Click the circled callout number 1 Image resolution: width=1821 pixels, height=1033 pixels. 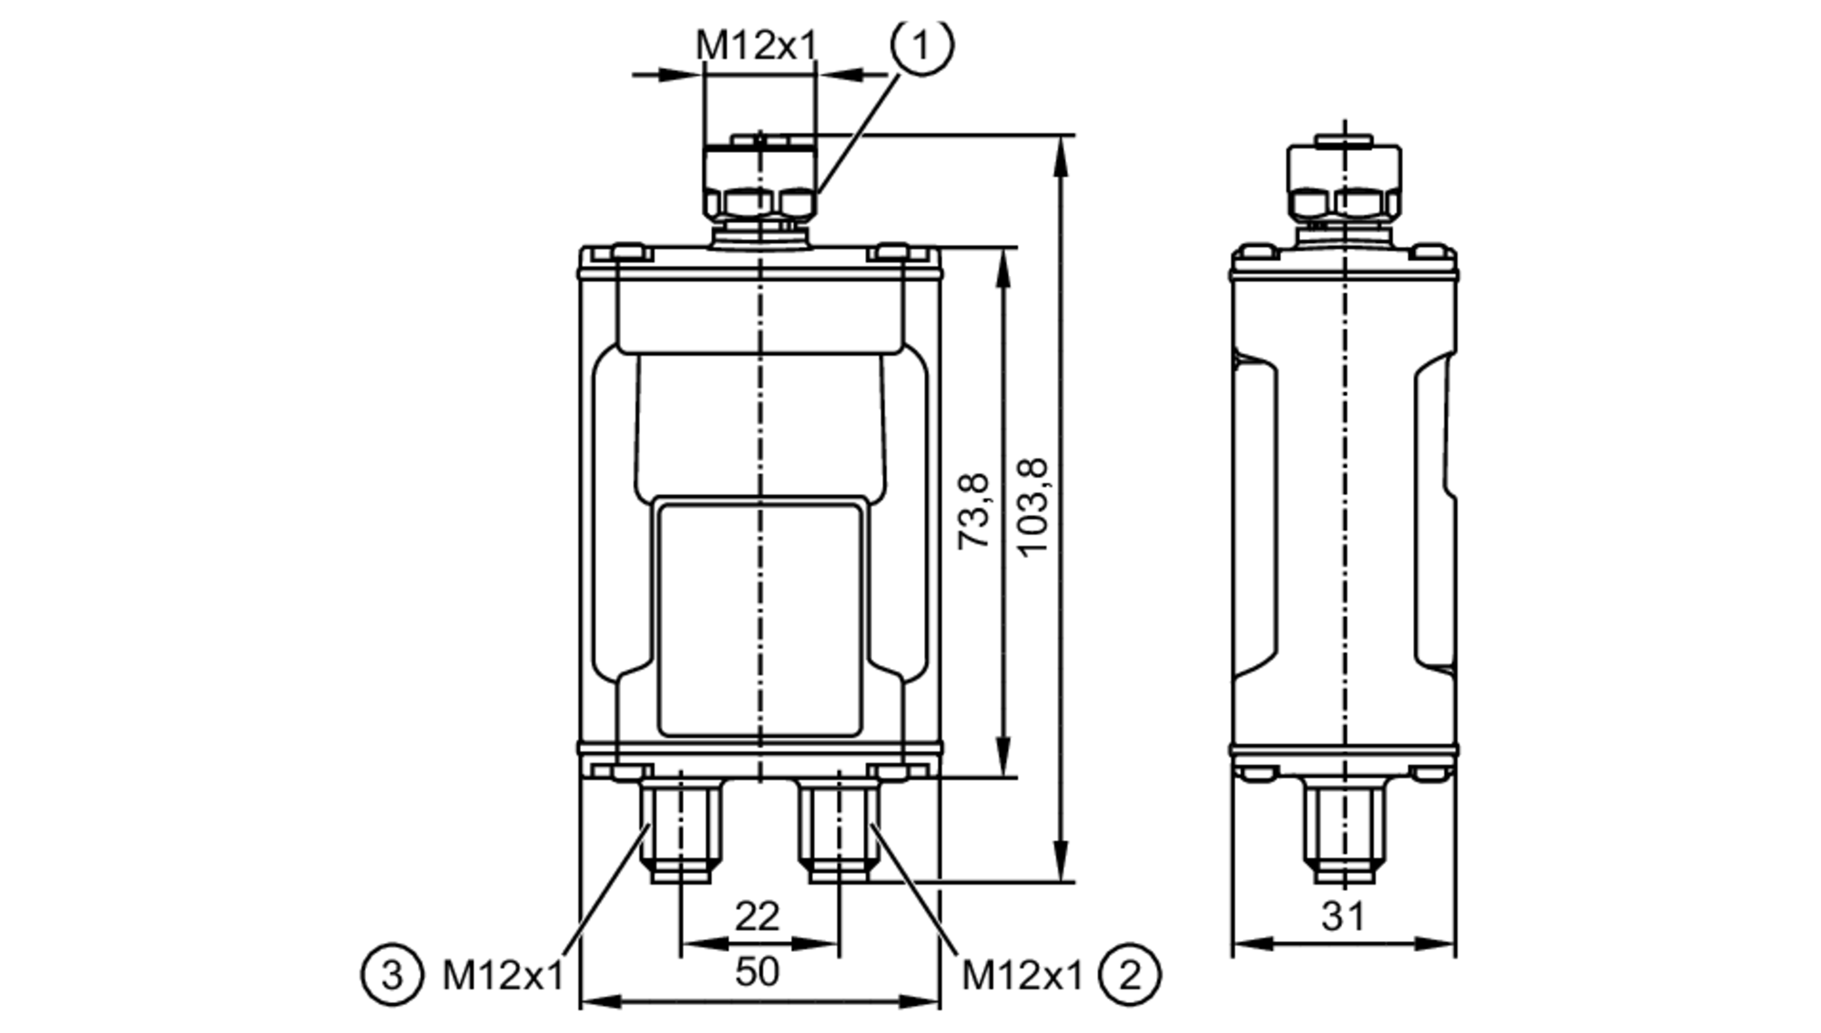[921, 46]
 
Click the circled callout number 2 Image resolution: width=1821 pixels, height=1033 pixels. [1130, 976]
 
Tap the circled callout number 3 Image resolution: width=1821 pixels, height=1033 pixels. [392, 976]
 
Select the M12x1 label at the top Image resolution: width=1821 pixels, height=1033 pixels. [757, 46]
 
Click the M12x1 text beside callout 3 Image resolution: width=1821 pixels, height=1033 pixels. [504, 976]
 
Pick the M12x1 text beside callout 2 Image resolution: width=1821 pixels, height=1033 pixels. [1022, 976]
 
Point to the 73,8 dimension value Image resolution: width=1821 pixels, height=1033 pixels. [974, 510]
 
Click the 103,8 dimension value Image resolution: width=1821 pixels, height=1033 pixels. [1033, 508]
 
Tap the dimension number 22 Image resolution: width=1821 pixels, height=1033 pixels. [758, 917]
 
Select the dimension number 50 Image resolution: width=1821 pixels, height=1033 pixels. [758, 972]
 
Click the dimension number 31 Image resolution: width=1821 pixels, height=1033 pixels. [1344, 917]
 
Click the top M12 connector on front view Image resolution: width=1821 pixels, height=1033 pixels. [759, 182]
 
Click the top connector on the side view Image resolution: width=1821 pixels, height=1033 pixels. [1344, 182]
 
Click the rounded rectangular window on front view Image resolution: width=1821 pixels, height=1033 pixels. [759, 619]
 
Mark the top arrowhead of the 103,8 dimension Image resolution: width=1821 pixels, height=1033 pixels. [1060, 155]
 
